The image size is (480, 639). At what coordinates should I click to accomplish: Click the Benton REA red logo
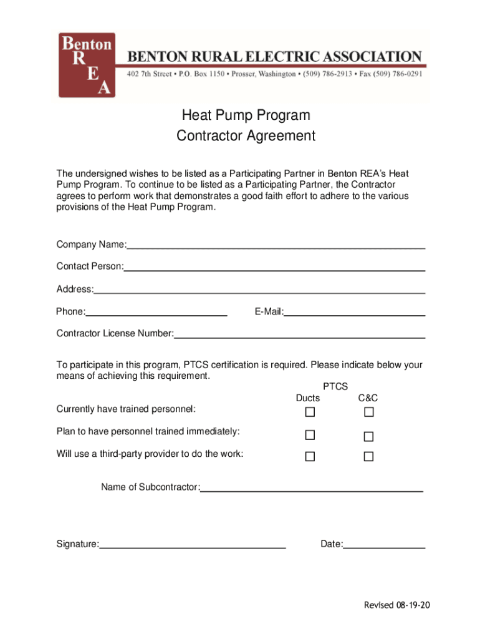87,65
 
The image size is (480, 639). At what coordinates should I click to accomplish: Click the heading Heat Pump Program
246,115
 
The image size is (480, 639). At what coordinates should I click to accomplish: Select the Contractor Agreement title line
246,135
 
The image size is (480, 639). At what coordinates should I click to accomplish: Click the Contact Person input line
274,266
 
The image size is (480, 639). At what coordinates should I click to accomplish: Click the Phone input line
156,312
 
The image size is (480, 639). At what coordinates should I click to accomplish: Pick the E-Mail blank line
355,312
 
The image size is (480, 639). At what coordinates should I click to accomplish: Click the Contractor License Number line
299,334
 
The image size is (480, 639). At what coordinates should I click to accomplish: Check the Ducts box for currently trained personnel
310,412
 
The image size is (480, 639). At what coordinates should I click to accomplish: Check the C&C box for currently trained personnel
368,412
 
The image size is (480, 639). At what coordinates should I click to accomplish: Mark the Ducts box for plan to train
310,434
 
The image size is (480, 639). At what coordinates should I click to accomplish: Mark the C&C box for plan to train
368,436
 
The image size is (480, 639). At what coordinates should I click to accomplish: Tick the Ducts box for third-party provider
310,457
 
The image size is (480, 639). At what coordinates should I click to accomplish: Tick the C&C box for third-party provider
368,457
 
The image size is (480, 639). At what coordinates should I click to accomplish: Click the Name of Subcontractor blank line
312,487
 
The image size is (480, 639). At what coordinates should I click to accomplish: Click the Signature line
192,545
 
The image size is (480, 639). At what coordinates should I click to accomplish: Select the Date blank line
384,545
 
